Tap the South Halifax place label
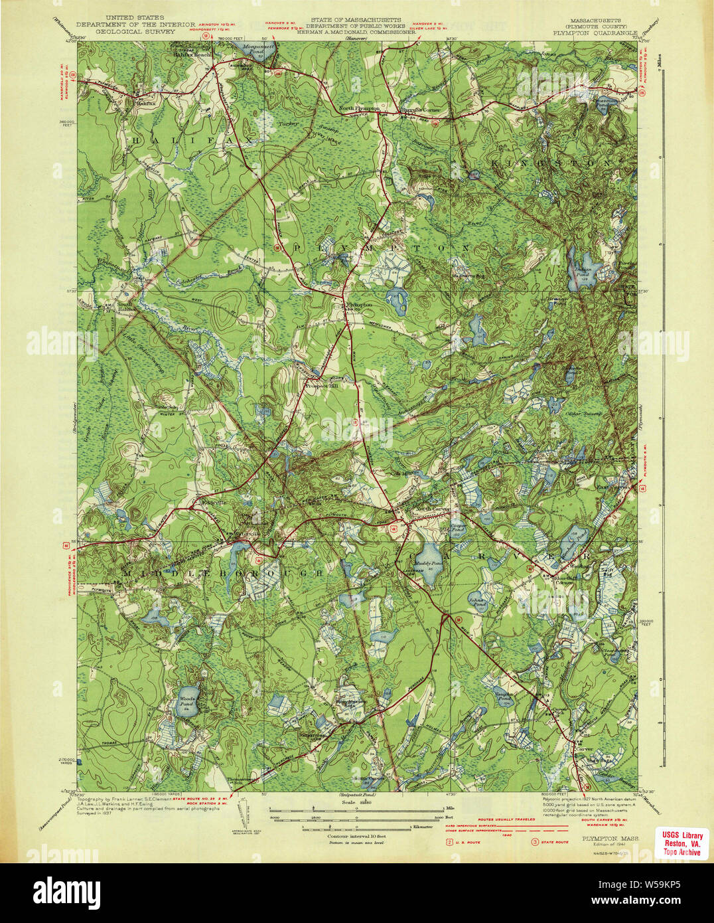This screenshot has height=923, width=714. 129,307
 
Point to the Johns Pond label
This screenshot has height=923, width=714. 477,602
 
